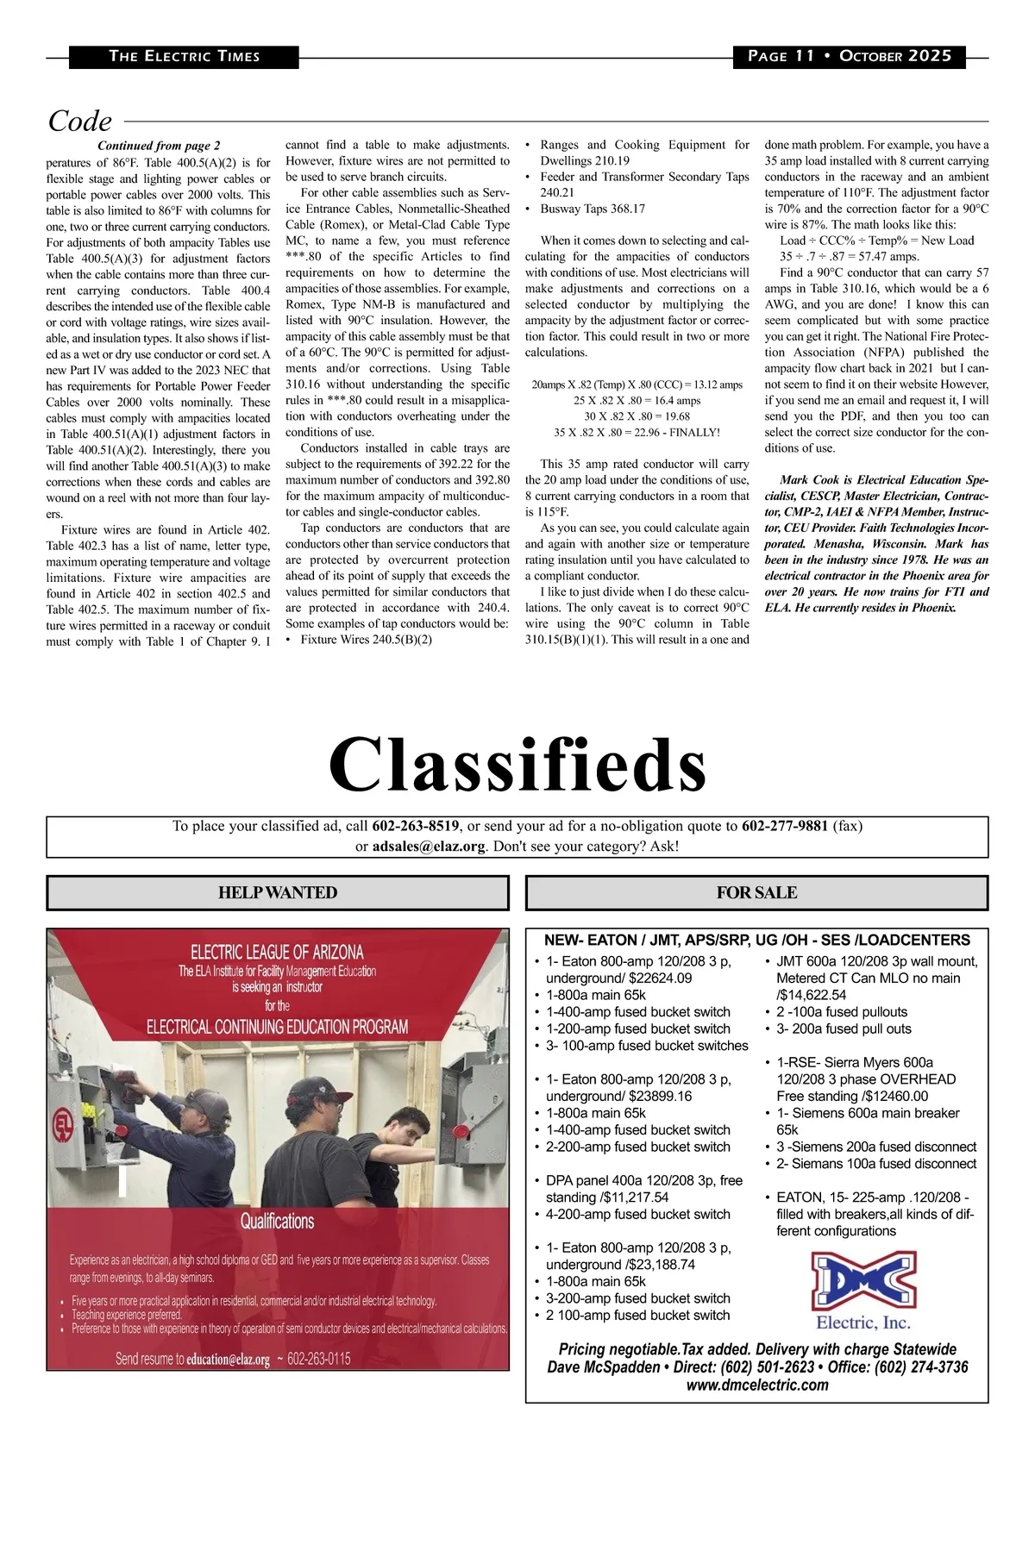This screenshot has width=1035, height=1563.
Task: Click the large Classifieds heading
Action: [517, 765]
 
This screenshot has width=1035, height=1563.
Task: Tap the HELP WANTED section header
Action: [278, 893]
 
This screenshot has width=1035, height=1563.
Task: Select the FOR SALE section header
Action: [756, 893]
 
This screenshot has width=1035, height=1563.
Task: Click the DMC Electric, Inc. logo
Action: [863, 1290]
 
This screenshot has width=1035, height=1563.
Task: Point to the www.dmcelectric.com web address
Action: [757, 1385]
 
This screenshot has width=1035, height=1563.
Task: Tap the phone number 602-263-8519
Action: [416, 826]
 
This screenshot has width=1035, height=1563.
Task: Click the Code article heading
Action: [80, 121]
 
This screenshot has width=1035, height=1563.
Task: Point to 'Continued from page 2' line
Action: [159, 146]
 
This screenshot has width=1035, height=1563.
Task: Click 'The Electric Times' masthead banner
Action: [184, 56]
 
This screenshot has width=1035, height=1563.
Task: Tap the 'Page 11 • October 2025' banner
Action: [850, 56]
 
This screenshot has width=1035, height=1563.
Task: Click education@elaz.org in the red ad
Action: [228, 1360]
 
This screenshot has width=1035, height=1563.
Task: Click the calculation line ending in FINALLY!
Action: [637, 432]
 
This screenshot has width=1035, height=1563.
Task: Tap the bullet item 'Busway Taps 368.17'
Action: [593, 209]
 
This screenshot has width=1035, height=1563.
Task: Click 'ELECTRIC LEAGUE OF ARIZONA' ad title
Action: [277, 952]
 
